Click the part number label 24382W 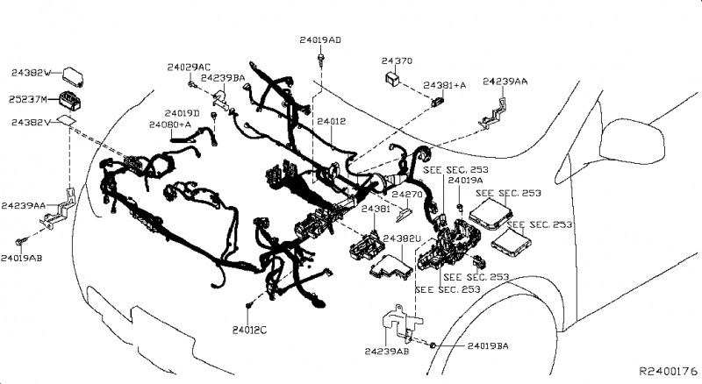[x=32, y=72]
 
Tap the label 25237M [x=32, y=98]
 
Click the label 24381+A [x=444, y=84]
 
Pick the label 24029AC [x=189, y=68]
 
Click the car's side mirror [x=627, y=132]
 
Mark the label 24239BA [x=224, y=78]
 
